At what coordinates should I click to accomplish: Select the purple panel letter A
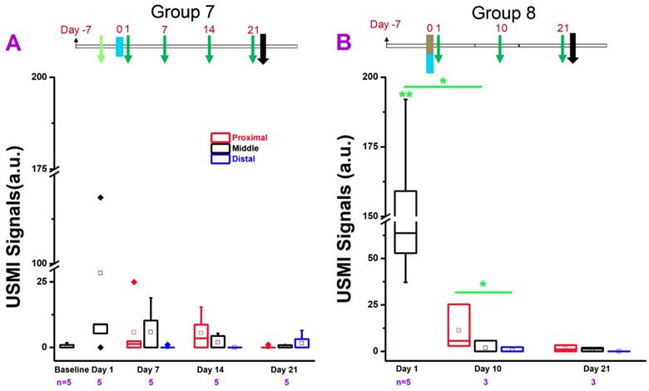pyautogui.click(x=12, y=43)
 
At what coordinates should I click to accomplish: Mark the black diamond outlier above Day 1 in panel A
pyautogui.click(x=100, y=197)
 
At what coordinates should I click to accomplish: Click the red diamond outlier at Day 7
pyautogui.click(x=133, y=282)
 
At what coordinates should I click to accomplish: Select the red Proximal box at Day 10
pyautogui.click(x=458, y=324)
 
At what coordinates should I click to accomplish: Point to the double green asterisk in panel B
pyautogui.click(x=406, y=96)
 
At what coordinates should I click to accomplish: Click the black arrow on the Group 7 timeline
pyautogui.click(x=264, y=47)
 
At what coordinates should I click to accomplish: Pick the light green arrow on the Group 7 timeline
pyautogui.click(x=100, y=48)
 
